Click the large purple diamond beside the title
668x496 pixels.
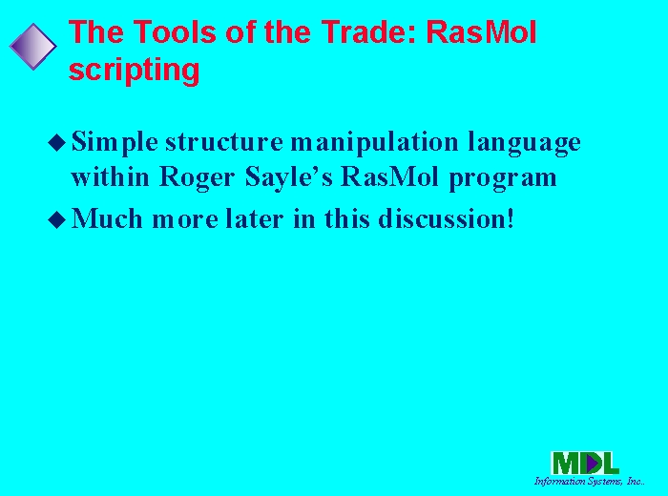[32, 47]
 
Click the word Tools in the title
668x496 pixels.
[176, 31]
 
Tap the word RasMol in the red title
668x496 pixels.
[481, 31]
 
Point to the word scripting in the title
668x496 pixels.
[134, 70]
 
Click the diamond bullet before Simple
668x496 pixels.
[56, 142]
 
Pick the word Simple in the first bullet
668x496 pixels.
[115, 142]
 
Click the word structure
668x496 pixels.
[224, 142]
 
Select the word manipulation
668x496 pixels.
[374, 142]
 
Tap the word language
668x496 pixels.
[524, 142]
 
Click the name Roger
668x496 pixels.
[197, 177]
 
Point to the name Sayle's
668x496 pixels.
[288, 177]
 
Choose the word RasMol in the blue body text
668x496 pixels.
[389, 176]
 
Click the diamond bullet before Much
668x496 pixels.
[56, 219]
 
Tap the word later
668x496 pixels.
[255, 218]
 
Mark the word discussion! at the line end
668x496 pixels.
[447, 218]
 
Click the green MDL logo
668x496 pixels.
[584, 464]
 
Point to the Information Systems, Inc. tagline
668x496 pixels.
[589, 481]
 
